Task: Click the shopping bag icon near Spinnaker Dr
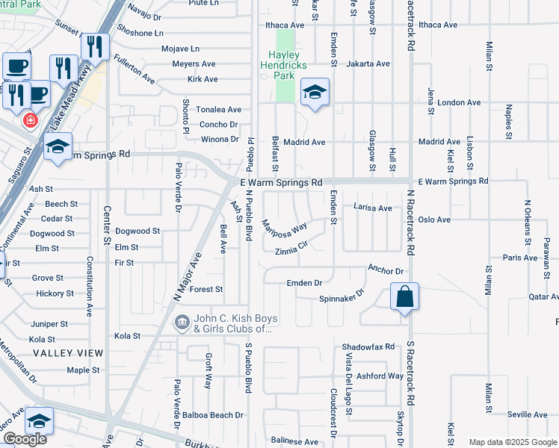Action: (404, 296)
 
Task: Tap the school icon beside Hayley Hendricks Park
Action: (315, 93)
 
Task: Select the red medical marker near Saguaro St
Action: (31, 120)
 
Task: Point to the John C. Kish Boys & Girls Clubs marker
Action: (182, 323)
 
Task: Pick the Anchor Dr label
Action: (386, 270)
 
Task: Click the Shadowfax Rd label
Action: (368, 347)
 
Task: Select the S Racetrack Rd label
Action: (410, 365)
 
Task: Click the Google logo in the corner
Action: (25, 439)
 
